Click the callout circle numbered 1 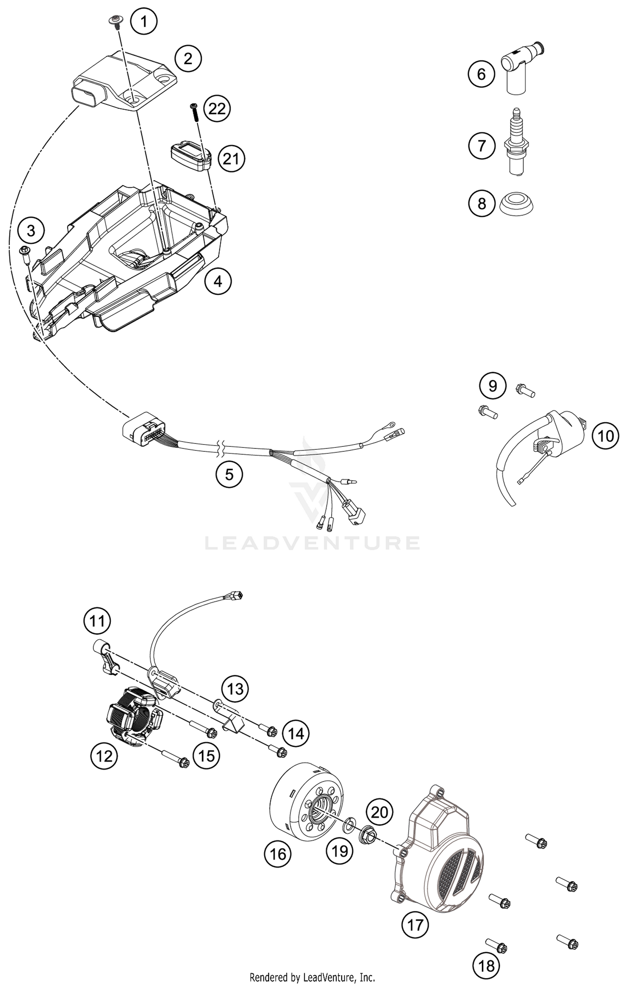click(144, 21)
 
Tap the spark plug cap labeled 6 click(521, 67)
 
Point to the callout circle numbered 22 click(217, 109)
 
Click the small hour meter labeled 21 click(190, 155)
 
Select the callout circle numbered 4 click(218, 282)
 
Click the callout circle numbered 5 click(229, 474)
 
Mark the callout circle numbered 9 click(492, 386)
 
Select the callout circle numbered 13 click(235, 689)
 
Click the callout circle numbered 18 click(486, 965)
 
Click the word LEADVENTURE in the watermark click(312, 543)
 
